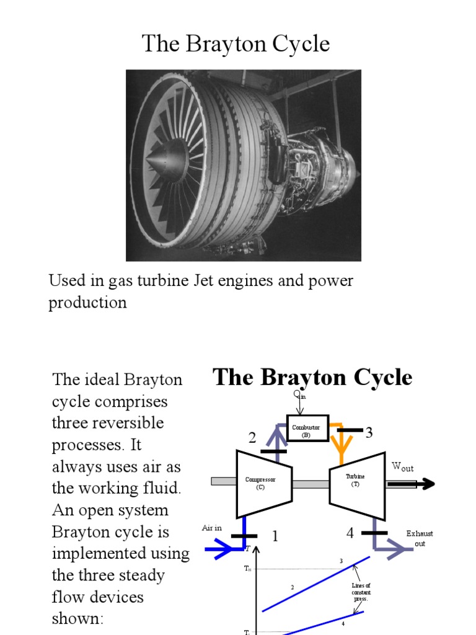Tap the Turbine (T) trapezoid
coord(356,481)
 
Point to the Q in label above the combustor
coord(299,395)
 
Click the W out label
coord(402,466)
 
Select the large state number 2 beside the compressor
coord(252,438)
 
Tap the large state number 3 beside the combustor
coord(369,433)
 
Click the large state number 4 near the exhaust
coord(350,533)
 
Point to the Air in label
coord(211,528)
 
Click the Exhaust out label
coord(420,538)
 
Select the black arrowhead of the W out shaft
coord(427,484)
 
